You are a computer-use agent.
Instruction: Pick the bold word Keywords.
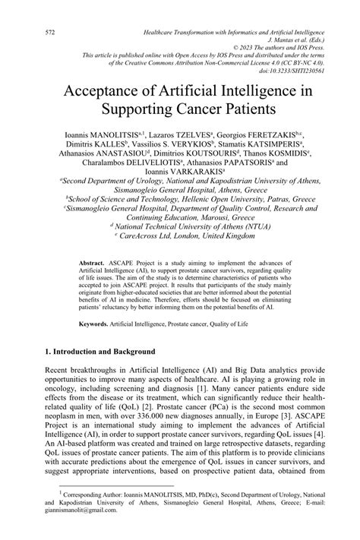point(95,324)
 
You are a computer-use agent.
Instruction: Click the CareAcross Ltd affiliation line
point(179,235)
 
